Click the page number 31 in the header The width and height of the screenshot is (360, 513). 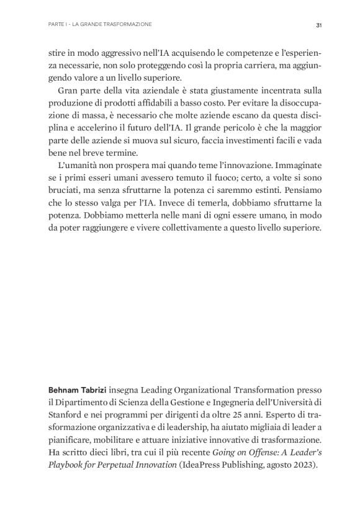coord(318,25)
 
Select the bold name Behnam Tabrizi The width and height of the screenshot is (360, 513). coord(74,390)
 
